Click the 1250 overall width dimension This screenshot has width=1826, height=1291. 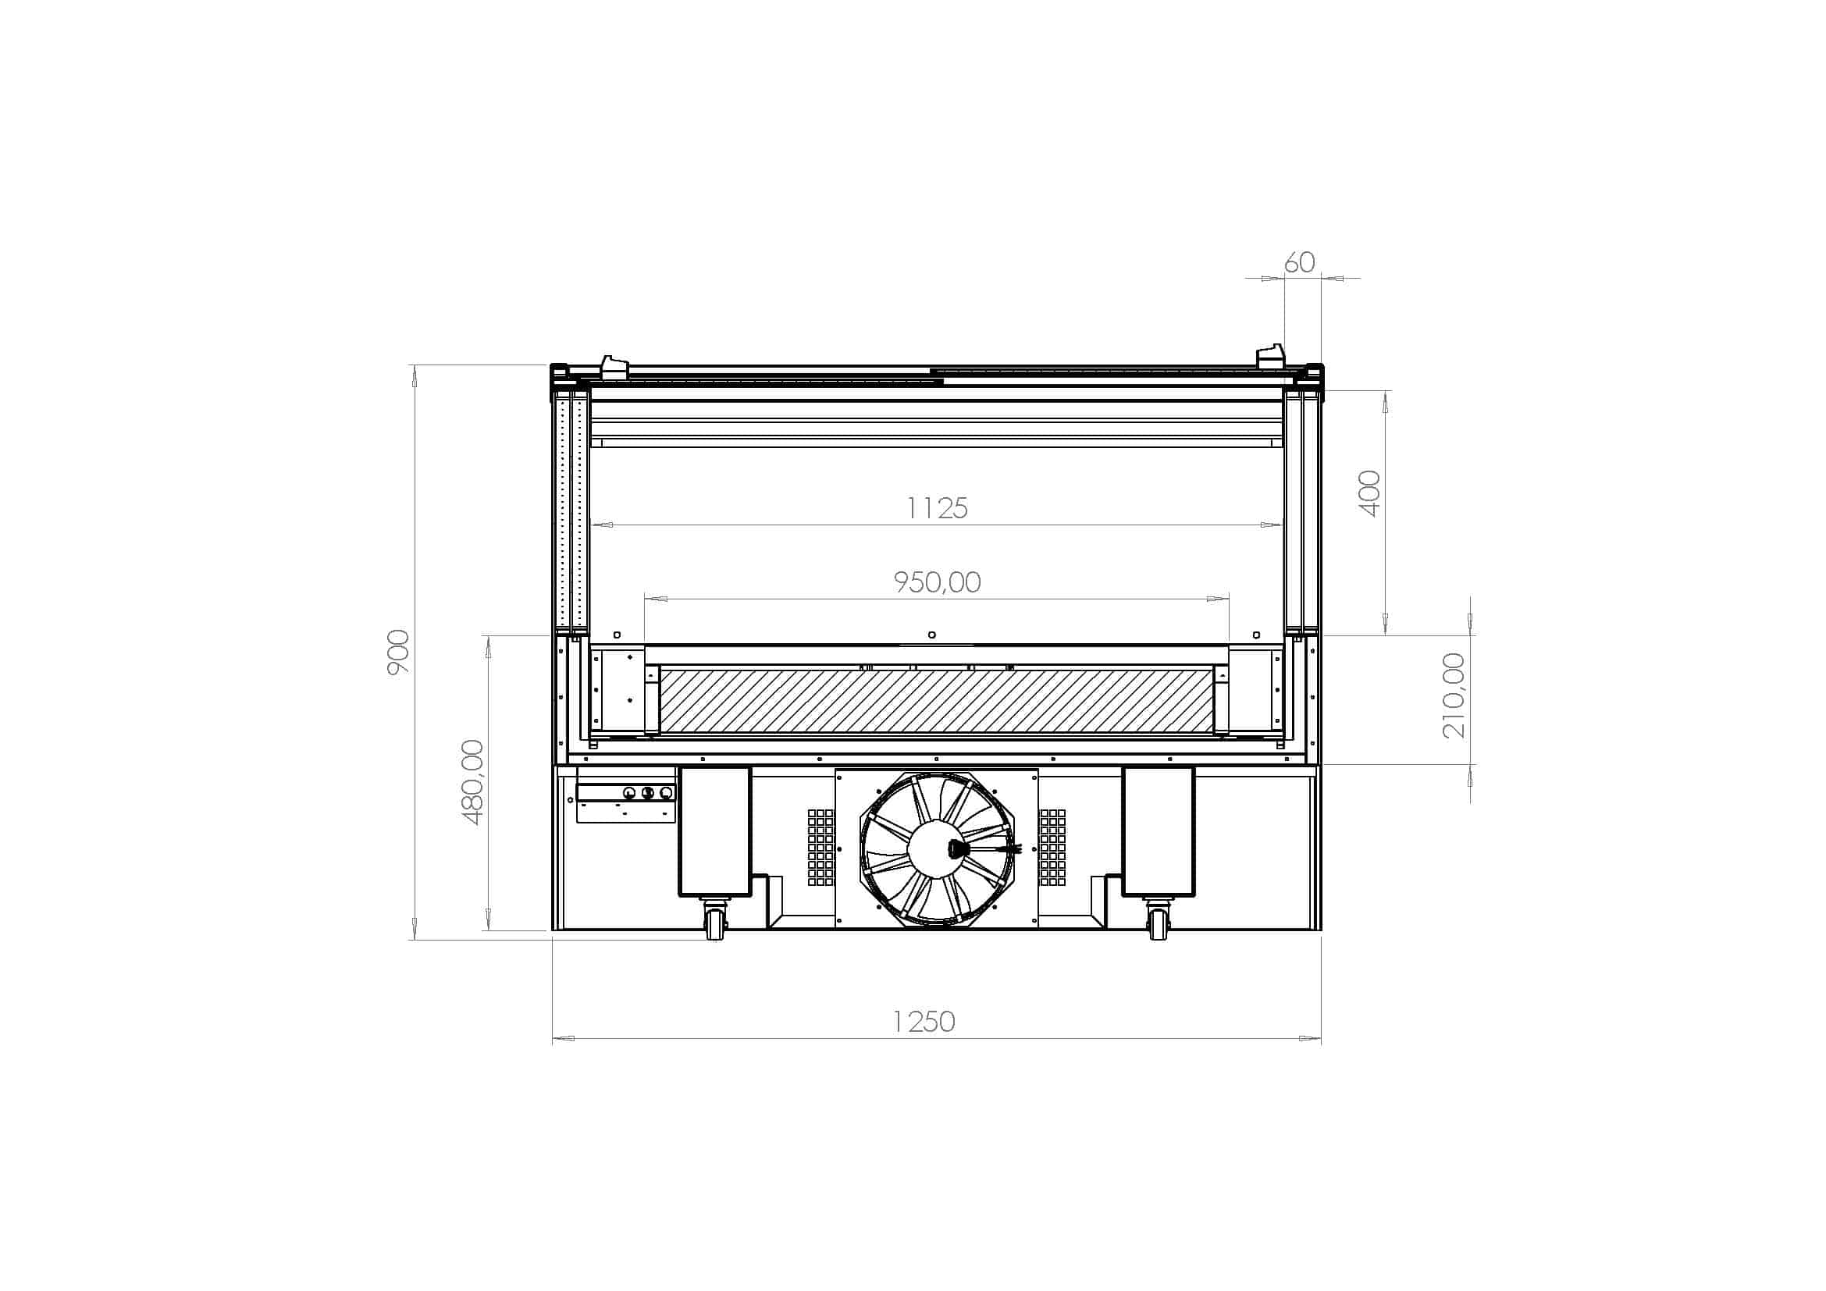(924, 1022)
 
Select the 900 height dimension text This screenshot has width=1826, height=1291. (398, 652)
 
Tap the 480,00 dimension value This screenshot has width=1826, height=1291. (472, 782)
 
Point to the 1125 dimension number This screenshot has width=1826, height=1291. (938, 508)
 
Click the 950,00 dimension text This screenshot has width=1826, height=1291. (938, 583)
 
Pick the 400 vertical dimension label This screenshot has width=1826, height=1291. (1371, 493)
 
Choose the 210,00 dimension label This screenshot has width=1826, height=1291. (1454, 695)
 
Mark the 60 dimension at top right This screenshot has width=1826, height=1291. (1301, 262)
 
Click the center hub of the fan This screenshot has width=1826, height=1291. (936, 850)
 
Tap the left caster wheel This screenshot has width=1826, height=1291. (714, 923)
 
